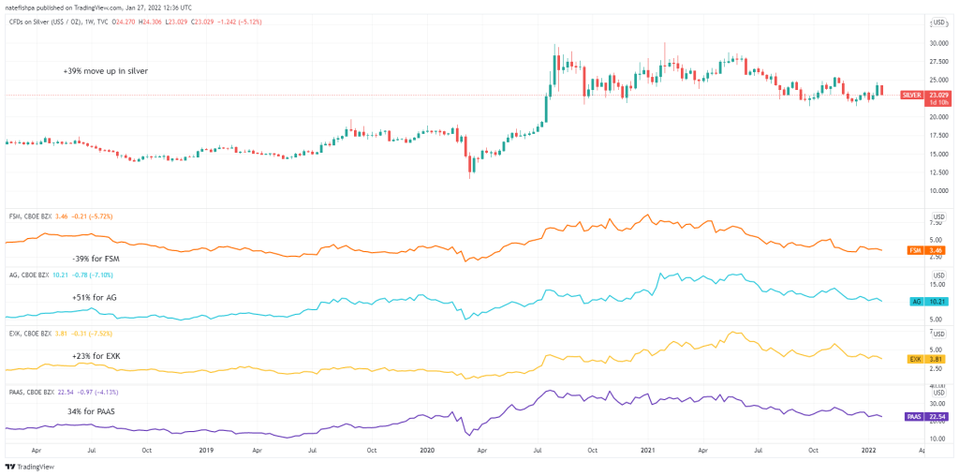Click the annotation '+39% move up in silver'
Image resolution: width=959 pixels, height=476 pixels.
[106, 71]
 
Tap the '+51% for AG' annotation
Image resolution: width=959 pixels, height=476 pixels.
[94, 297]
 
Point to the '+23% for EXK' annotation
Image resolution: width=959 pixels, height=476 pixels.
[96, 356]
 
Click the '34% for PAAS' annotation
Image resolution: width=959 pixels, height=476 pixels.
[91, 410]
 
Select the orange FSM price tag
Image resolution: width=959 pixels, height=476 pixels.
[915, 250]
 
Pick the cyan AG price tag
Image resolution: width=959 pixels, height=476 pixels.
[917, 301]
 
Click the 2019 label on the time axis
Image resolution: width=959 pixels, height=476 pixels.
[204, 450]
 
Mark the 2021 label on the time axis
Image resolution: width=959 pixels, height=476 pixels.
[648, 450]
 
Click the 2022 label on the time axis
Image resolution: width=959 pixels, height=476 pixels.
[870, 450]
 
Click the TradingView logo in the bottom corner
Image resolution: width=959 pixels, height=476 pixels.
[31, 466]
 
